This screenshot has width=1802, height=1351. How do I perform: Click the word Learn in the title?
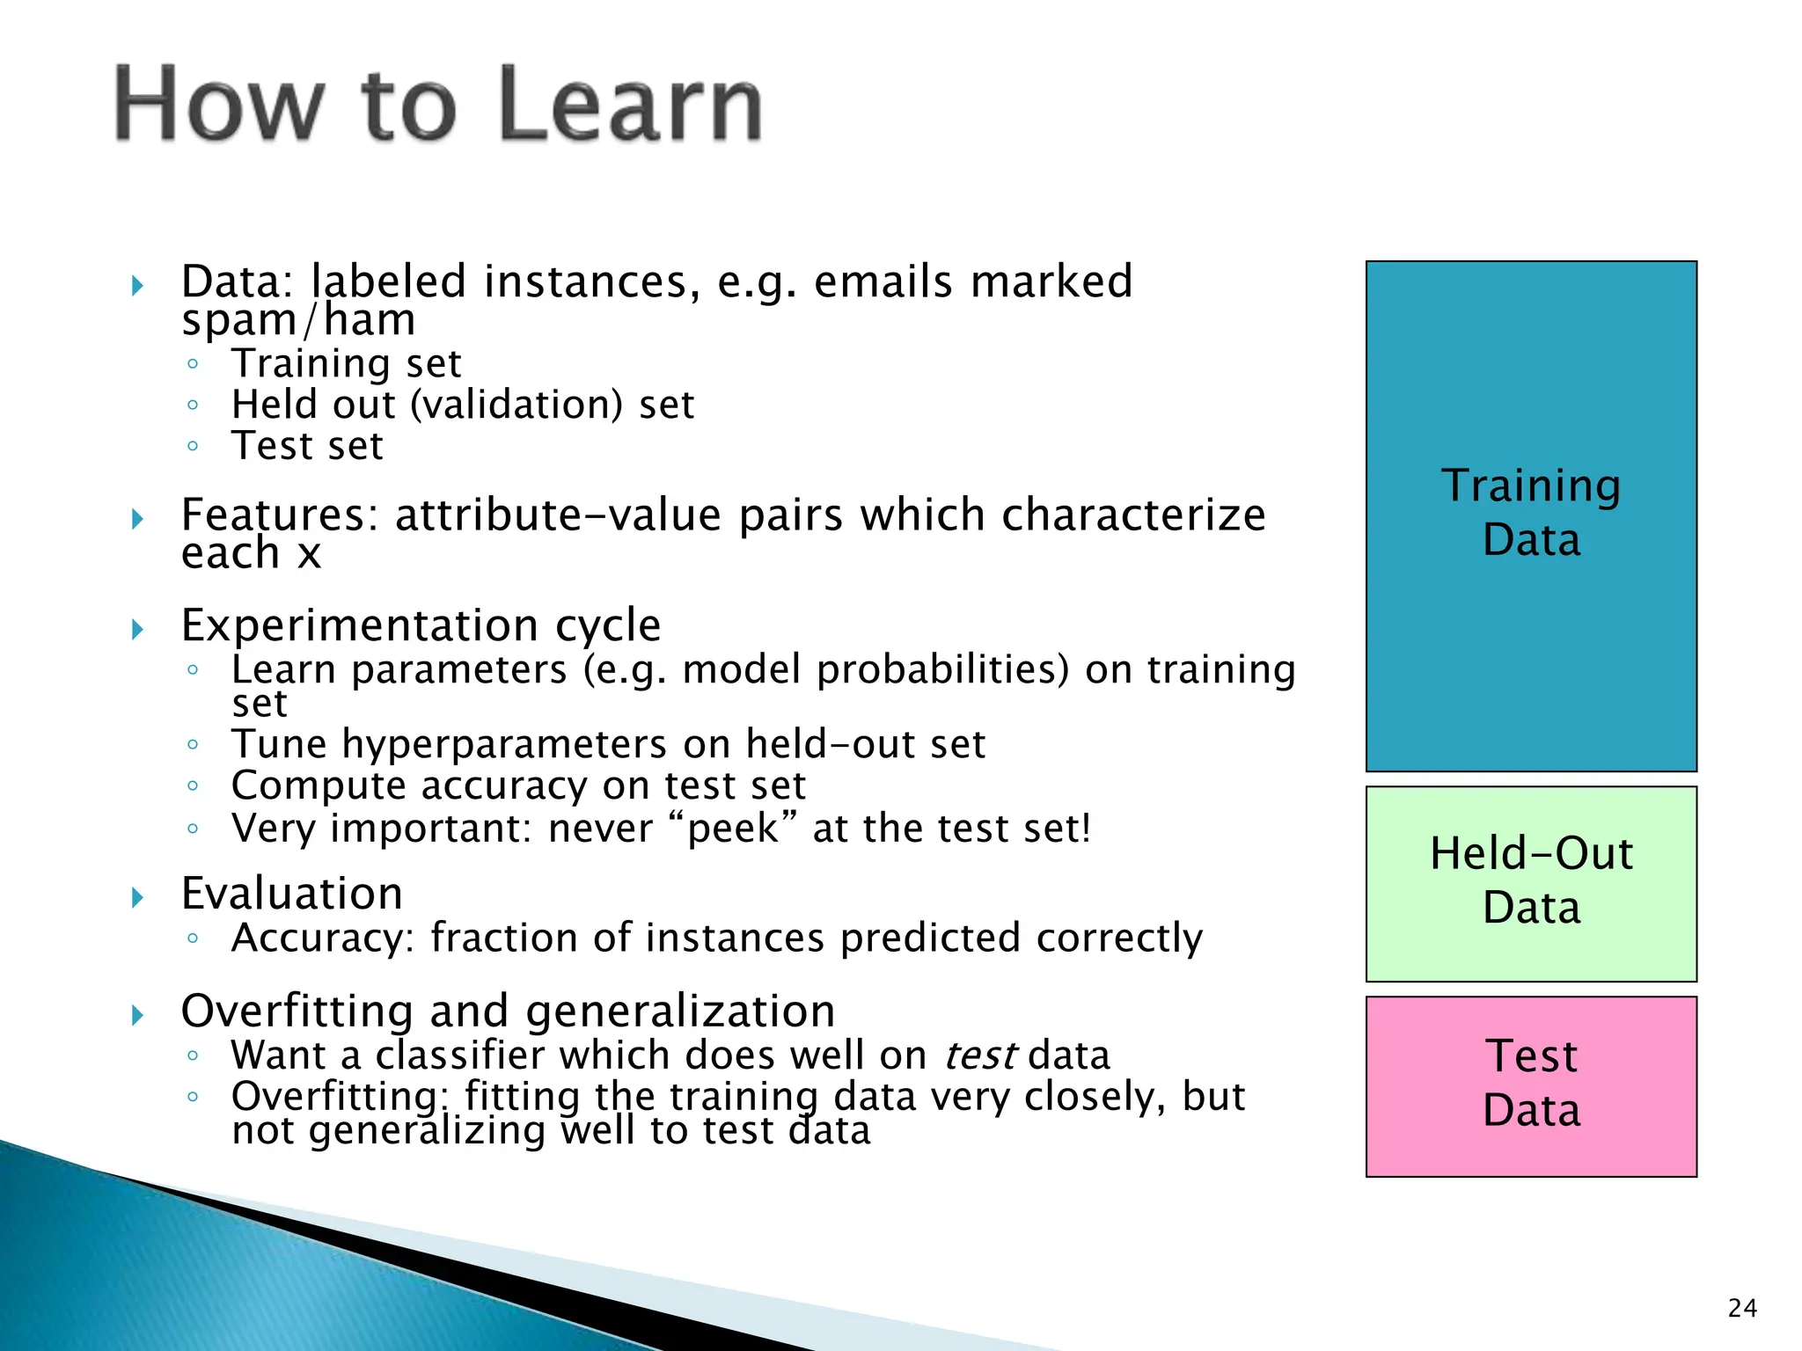click(x=630, y=106)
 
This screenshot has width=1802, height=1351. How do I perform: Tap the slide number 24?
click(x=1742, y=1309)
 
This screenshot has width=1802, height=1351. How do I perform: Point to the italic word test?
click(x=980, y=1055)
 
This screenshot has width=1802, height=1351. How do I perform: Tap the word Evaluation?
click(x=292, y=895)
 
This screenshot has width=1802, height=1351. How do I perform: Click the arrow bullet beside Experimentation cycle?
click(x=137, y=629)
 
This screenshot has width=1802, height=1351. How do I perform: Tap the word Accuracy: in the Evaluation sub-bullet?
click(x=322, y=938)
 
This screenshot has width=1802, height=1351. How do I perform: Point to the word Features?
click(x=279, y=515)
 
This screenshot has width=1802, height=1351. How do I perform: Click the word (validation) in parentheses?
click(x=516, y=405)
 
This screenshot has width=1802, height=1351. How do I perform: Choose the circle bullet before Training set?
click(x=193, y=364)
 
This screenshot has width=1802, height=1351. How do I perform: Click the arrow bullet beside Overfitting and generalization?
click(x=137, y=1016)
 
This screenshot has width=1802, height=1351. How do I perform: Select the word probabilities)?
click(x=942, y=671)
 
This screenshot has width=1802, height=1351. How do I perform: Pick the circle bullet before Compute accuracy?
click(x=193, y=785)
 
